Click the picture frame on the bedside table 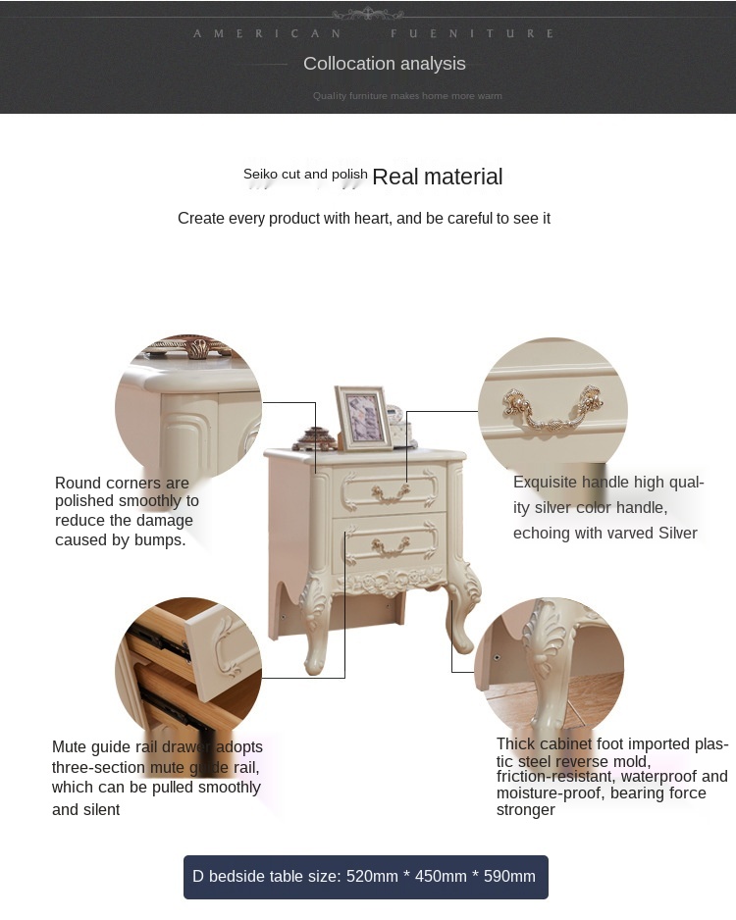363,418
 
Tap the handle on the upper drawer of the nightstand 391,494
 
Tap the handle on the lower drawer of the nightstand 391,547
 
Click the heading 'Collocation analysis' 385,64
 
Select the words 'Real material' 438,177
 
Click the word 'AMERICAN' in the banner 268,33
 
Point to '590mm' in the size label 509,876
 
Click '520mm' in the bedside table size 372,876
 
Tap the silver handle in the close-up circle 552,408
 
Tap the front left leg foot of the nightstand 315,659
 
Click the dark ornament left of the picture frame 315,438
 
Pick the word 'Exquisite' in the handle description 545,483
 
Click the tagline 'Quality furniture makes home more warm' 407,96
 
